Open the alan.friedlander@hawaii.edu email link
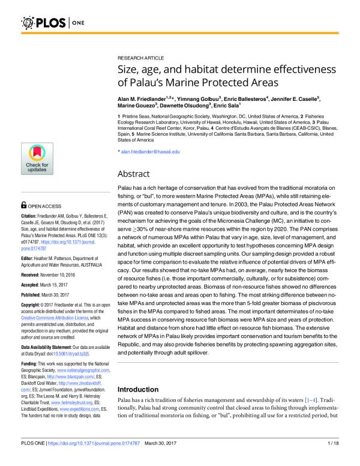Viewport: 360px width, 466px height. [151, 153]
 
